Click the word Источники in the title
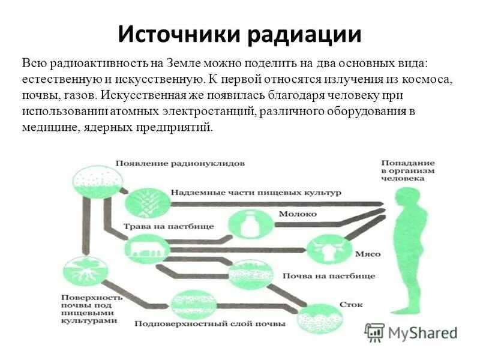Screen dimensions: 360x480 point(178,34)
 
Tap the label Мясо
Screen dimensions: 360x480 point(367,254)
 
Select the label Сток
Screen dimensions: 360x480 point(351,305)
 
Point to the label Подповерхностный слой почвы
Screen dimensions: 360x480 point(210,325)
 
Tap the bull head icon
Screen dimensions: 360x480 point(325,250)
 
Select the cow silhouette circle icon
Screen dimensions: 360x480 point(145,249)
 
